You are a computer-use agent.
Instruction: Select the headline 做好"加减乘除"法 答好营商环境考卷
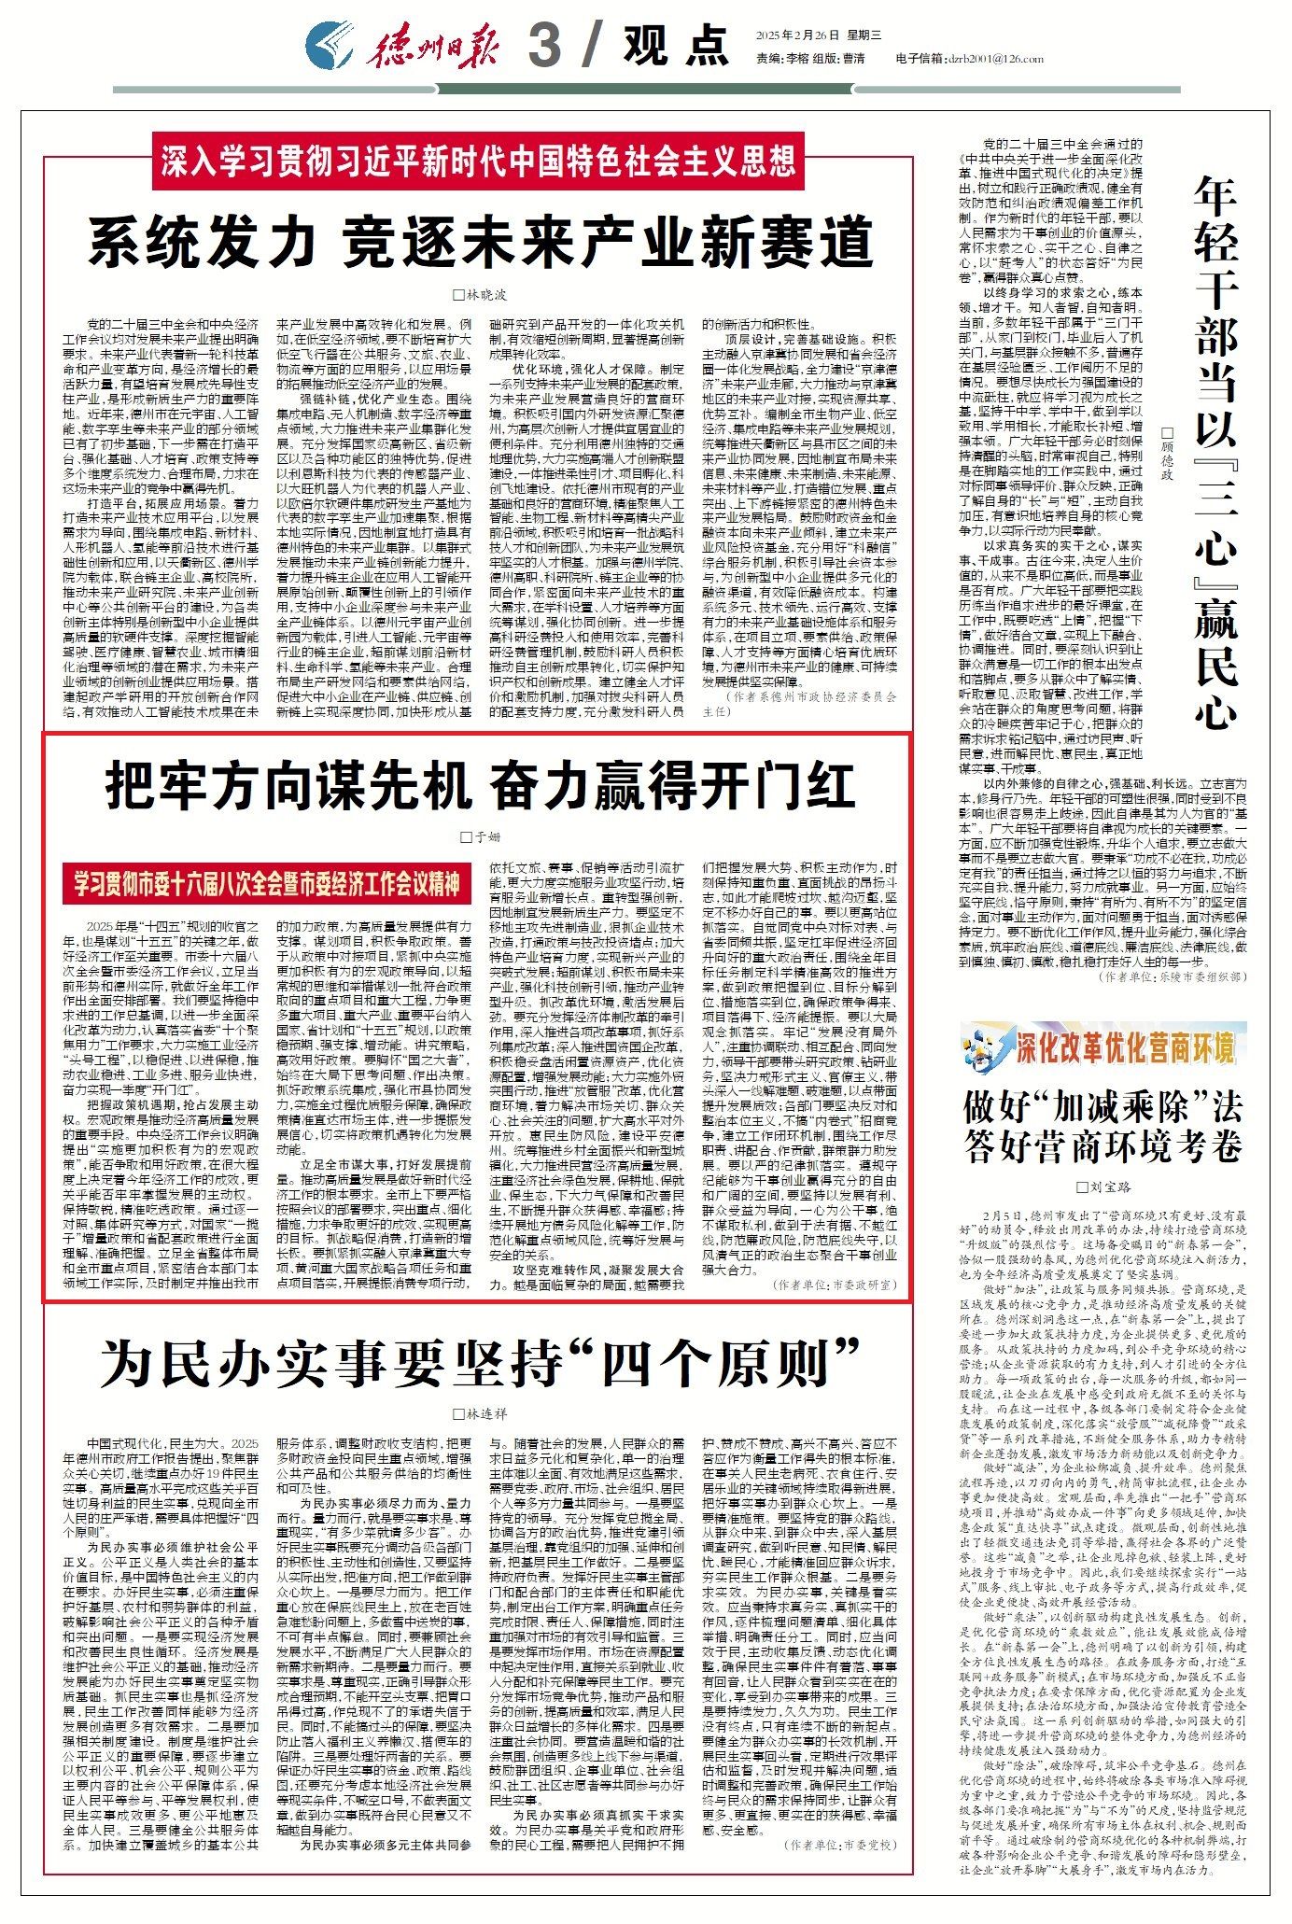1103,1126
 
